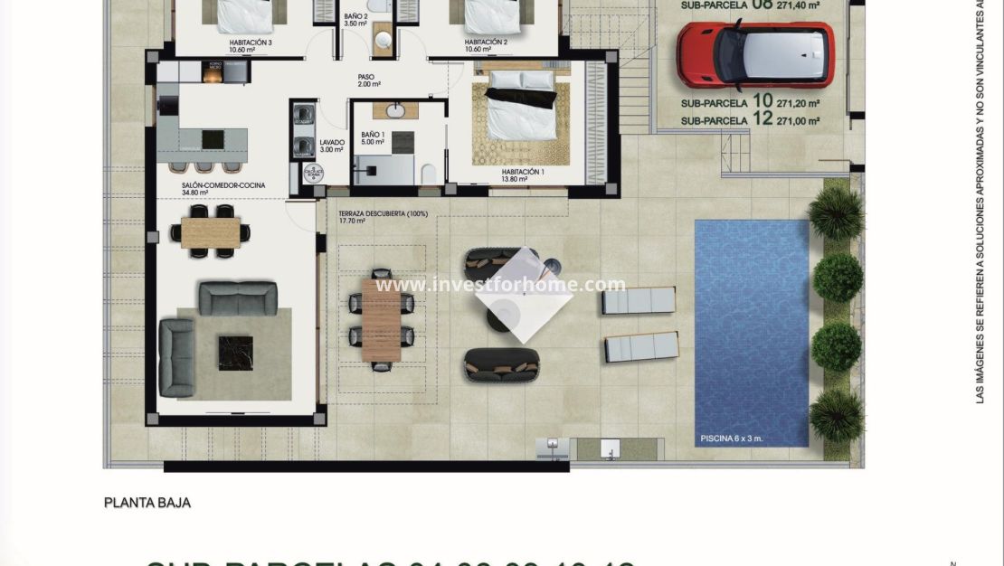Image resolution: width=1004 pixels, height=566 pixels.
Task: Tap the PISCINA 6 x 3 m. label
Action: pos(732,439)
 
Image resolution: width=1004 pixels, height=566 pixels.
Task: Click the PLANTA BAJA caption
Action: pos(147,503)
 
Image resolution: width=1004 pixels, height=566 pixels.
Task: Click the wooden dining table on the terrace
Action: pos(381,317)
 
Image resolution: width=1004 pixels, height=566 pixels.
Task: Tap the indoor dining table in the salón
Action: pos(211,231)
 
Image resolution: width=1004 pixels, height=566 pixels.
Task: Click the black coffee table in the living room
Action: pos(234,353)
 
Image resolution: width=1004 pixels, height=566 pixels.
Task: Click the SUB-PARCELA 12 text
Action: pos(750,120)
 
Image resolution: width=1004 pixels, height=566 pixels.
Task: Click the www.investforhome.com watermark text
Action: pos(500,285)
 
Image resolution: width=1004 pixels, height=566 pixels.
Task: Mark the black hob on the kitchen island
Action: pos(213,138)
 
